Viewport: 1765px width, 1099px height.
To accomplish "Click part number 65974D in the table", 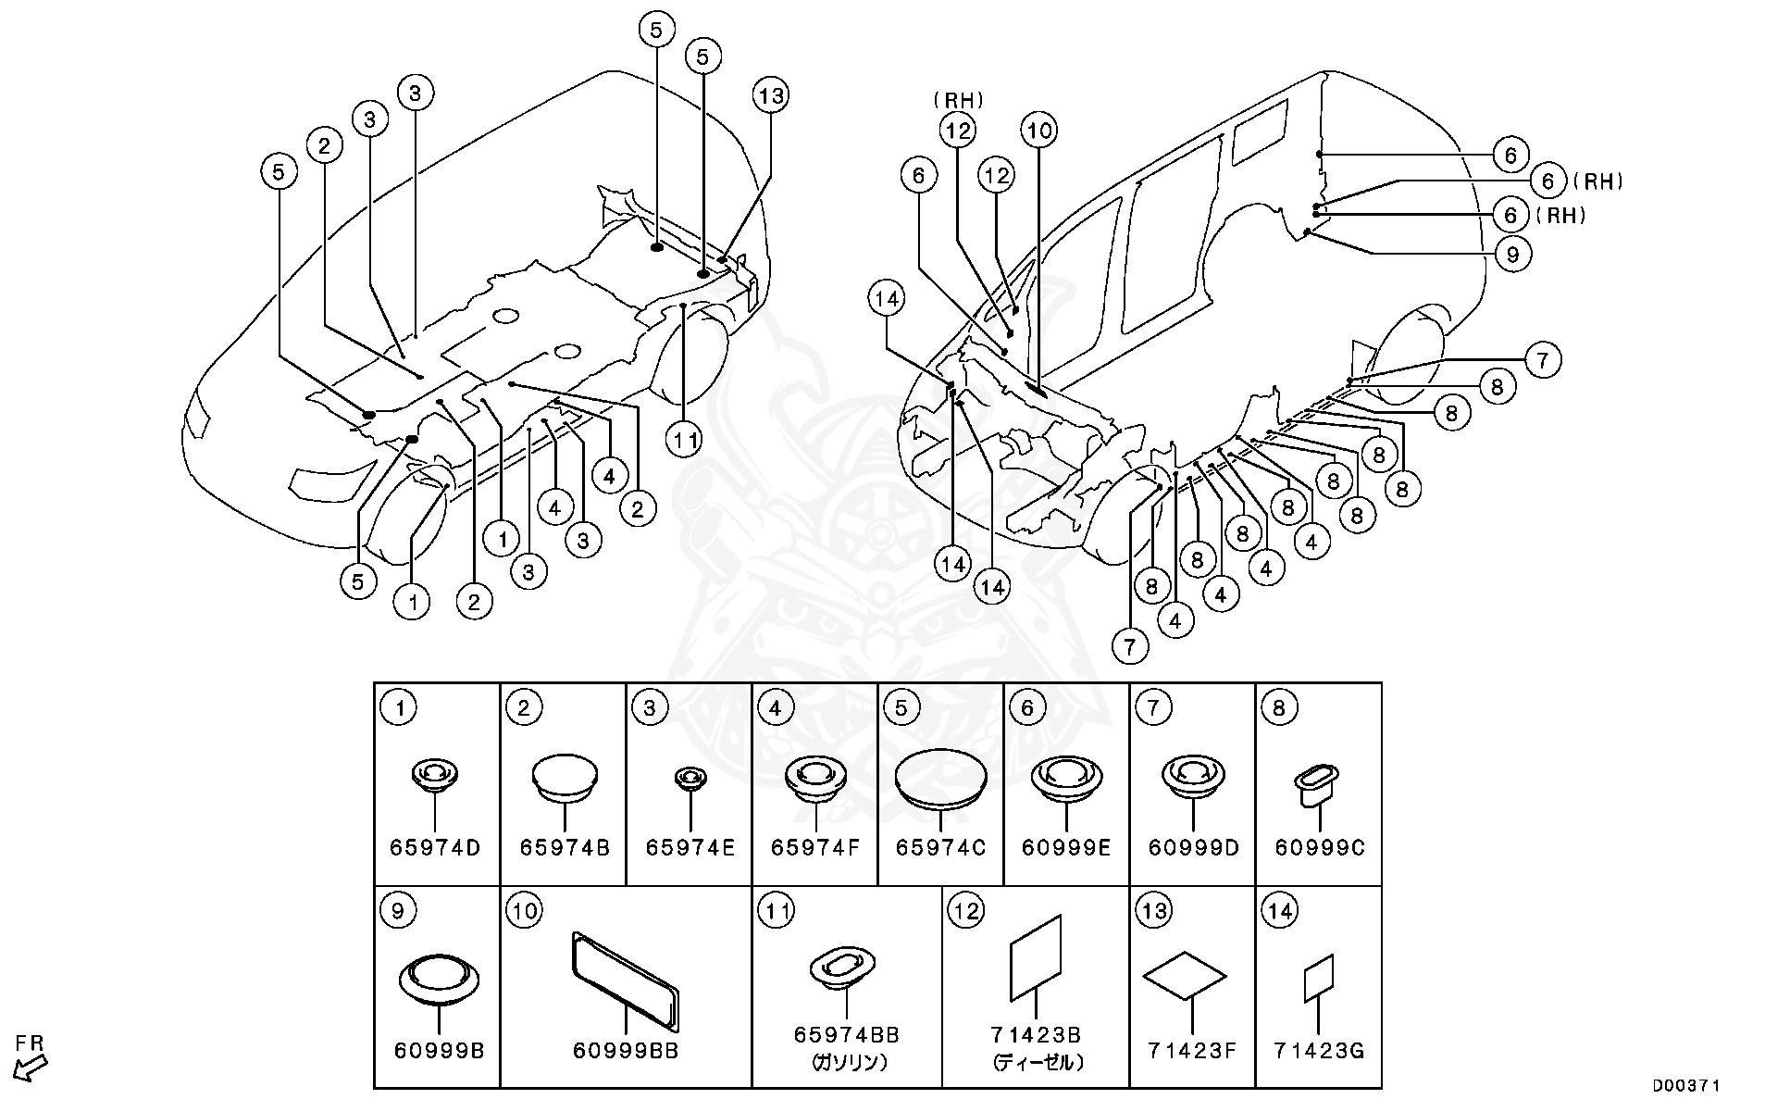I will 435,848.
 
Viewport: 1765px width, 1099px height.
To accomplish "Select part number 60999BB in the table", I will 626,1051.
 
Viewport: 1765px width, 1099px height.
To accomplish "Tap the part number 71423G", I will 1318,1051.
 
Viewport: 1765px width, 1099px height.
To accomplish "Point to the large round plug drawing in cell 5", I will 940,775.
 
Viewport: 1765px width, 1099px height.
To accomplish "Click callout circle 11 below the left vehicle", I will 685,442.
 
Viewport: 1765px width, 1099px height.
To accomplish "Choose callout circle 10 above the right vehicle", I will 1039,131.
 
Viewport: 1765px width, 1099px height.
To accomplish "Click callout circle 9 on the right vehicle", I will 1512,254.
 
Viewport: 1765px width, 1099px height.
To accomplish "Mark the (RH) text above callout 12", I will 958,100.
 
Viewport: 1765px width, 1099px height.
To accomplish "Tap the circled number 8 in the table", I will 1279,708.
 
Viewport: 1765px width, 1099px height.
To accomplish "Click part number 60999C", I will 1319,848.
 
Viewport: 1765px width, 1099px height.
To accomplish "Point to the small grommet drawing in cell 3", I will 689,779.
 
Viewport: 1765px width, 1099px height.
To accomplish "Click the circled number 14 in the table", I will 1280,911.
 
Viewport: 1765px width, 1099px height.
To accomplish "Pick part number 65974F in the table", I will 815,848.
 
